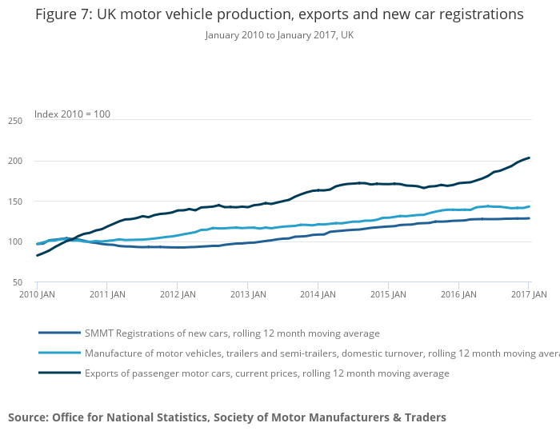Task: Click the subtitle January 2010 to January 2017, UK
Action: [x=279, y=35]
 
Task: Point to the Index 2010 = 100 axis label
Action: [x=72, y=114]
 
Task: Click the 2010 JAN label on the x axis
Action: [x=37, y=294]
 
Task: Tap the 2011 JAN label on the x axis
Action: [x=107, y=294]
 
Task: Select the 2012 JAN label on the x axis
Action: [x=178, y=294]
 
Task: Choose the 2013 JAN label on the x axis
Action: [x=248, y=294]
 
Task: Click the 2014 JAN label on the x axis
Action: [x=318, y=294]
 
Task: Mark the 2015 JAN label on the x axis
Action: [x=389, y=294]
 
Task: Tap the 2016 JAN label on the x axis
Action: [x=459, y=294]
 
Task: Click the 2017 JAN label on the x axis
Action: [x=529, y=294]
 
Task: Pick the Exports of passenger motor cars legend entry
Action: [x=268, y=373]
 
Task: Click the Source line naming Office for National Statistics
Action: [x=227, y=417]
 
